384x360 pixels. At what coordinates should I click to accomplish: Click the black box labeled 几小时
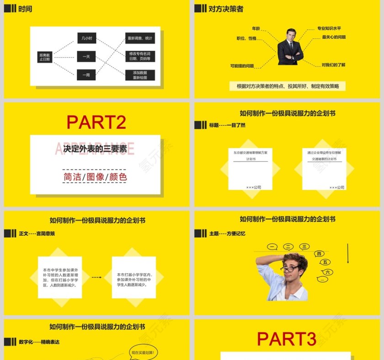pos(86,38)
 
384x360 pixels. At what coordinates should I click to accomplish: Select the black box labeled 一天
pos(86,57)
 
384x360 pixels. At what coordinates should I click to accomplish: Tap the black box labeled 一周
pos(86,74)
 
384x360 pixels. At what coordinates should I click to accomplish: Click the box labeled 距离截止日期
pos(45,57)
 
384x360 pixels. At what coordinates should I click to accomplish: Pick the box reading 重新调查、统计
pos(140,38)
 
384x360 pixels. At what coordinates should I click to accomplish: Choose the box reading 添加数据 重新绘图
pos(140,75)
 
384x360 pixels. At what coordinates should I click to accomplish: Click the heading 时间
pos(25,9)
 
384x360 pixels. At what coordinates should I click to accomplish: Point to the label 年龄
pos(256,28)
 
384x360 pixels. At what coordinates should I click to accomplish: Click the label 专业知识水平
pos(329,28)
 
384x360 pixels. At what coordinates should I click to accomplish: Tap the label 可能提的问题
pos(242,66)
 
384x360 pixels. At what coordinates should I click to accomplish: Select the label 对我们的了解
pos(333,65)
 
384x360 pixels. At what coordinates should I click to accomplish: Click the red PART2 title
pos(96,122)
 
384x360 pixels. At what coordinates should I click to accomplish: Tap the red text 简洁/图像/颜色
pos(95,177)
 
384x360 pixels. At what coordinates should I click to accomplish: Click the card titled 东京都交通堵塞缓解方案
pos(250,169)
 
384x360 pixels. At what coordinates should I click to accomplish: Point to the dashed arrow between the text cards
pos(96,277)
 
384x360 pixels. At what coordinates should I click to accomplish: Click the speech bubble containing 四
pos(319,254)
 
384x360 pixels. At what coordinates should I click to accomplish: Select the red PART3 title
pos(286,339)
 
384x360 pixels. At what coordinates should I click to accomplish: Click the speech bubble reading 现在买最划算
pos(144,352)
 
